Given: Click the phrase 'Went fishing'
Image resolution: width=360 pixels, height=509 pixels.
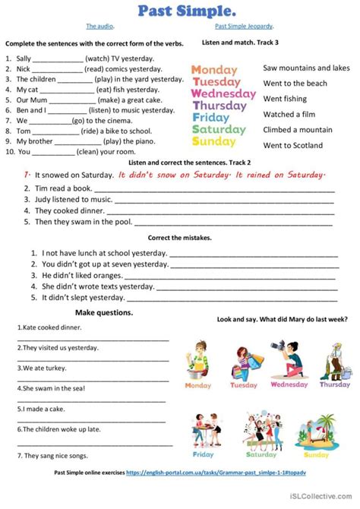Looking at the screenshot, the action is pyautogui.click(x=285, y=99).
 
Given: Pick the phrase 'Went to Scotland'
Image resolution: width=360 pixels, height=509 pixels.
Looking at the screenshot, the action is pyautogui.click(x=292, y=145).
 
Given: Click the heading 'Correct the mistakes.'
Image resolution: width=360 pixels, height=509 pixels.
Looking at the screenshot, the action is pyautogui.click(x=179, y=238).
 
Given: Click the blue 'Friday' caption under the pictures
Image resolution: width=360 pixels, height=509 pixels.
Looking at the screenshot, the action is pyautogui.click(x=204, y=455).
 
